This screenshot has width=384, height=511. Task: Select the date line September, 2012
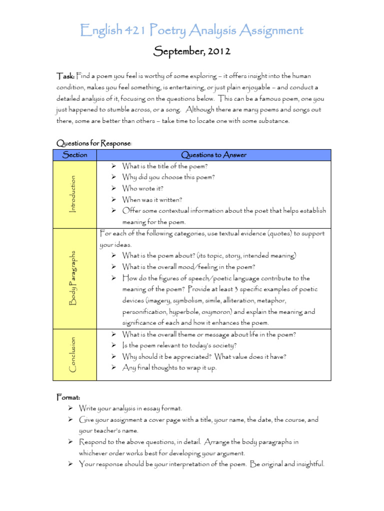click(x=192, y=51)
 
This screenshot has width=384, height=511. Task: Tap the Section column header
click(x=74, y=155)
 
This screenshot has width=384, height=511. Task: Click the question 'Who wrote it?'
click(x=143, y=189)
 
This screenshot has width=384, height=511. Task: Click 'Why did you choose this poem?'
click(x=168, y=177)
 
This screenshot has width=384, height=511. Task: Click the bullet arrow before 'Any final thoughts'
click(x=113, y=368)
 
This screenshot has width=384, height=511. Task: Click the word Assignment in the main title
click(x=266, y=31)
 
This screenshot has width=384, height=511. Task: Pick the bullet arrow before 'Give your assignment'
click(x=70, y=420)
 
